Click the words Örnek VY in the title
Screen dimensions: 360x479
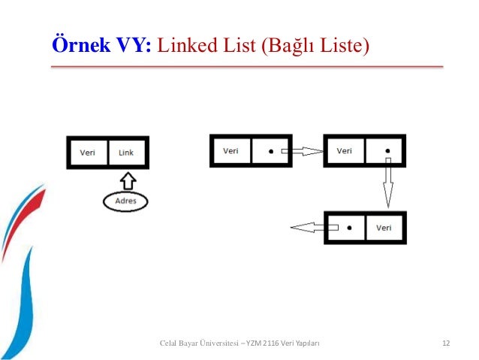(101, 44)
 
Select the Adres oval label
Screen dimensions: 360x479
(126, 201)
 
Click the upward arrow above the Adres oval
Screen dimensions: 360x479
(126, 180)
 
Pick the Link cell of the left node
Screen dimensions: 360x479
(126, 153)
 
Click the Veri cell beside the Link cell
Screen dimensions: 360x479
(88, 153)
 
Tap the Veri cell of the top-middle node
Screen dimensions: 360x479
(230, 151)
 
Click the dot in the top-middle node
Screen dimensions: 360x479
(270, 151)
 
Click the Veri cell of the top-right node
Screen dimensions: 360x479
(344, 151)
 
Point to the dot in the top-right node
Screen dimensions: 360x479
(387, 150)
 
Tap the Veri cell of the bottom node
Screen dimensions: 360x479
(384, 228)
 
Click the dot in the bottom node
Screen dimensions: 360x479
(348, 227)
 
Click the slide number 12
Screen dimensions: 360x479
(446, 343)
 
